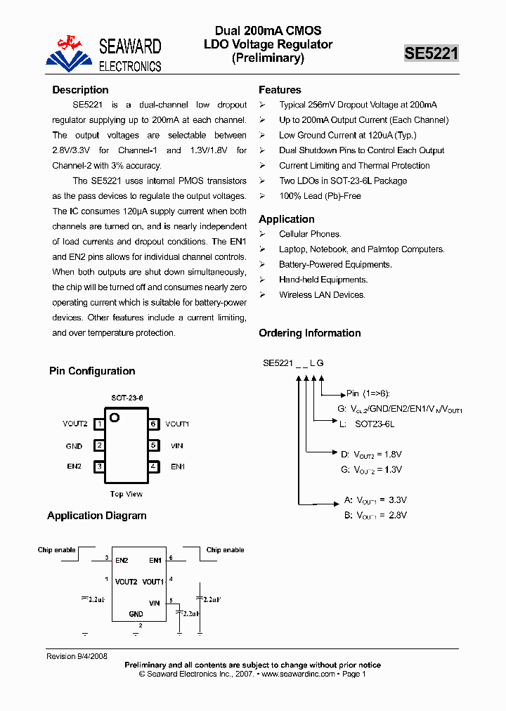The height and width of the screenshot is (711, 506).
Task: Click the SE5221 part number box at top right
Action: click(431, 53)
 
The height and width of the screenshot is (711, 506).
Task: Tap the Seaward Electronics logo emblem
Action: click(69, 53)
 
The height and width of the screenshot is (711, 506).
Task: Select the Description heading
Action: click(80, 90)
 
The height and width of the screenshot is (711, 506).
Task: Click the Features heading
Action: click(280, 90)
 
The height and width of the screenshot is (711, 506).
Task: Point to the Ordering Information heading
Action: click(309, 333)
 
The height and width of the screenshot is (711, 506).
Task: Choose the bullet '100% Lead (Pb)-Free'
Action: click(320, 196)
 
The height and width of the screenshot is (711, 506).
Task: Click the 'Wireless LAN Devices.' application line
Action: click(322, 295)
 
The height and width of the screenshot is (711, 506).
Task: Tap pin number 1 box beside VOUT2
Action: click(100, 424)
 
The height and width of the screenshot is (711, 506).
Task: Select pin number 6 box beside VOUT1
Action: click(153, 424)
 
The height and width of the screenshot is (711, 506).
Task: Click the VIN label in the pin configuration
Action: click(176, 446)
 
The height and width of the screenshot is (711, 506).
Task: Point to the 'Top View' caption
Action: click(126, 494)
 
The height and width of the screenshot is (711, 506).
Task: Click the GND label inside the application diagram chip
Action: click(136, 614)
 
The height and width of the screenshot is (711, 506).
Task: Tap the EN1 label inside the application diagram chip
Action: click(155, 561)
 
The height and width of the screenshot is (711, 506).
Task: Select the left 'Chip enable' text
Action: click(56, 550)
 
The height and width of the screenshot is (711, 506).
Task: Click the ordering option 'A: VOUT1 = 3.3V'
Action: click(375, 501)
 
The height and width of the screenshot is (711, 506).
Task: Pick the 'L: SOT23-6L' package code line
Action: click(366, 424)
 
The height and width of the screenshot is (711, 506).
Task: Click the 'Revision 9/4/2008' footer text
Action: click(77, 656)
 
